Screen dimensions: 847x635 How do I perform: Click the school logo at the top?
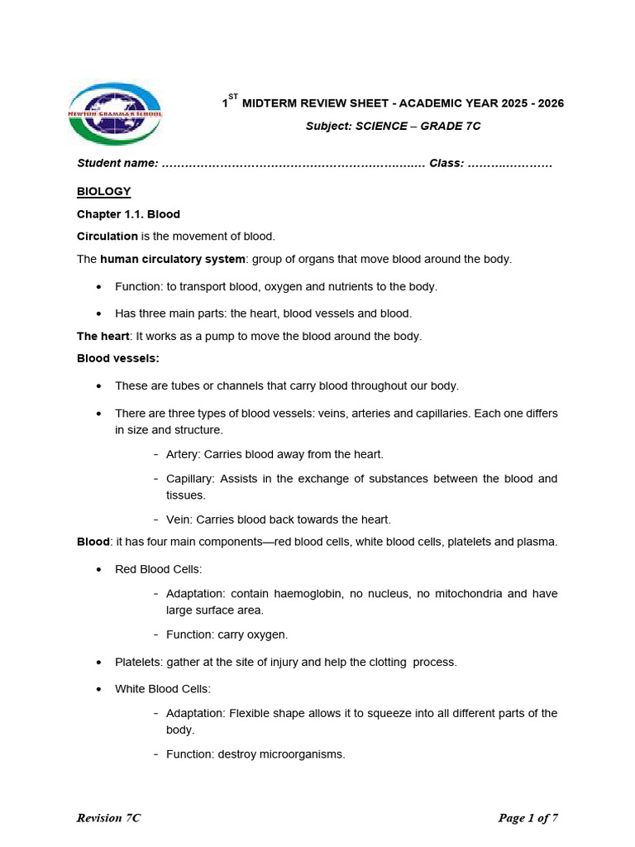(116, 113)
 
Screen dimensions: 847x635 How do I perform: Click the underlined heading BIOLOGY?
(103, 191)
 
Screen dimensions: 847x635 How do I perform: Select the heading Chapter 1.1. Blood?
(128, 214)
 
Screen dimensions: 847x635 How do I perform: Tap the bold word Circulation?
(107, 237)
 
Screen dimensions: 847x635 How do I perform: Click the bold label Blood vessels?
(118, 358)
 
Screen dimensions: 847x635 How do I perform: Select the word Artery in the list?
(182, 454)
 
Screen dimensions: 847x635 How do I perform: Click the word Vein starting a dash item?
(179, 519)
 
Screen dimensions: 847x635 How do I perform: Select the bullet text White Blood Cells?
(163, 688)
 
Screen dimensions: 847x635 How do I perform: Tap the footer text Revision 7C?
(108, 818)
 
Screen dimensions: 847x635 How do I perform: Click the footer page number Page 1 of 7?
(528, 818)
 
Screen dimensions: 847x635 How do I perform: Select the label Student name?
(117, 163)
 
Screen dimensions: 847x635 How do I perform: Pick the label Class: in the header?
(446, 163)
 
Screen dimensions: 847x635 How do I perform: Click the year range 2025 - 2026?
(526, 103)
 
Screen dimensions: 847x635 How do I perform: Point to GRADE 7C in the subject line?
(450, 126)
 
